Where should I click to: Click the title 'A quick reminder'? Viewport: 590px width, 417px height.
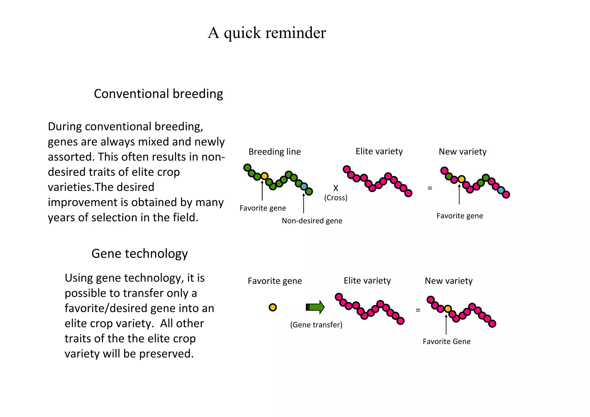pyautogui.click(x=267, y=33)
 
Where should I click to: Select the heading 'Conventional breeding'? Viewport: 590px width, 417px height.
pyautogui.click(x=158, y=94)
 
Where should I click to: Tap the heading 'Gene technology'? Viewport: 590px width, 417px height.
pyautogui.click(x=139, y=254)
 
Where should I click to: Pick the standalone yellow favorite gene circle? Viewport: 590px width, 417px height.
pyautogui.click(x=273, y=307)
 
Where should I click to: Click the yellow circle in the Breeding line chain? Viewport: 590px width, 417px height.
pyautogui.click(x=264, y=176)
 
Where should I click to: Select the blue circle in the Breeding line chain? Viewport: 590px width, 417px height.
pyautogui.click(x=304, y=186)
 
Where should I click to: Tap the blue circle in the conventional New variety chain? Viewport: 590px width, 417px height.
pyautogui.click(x=501, y=190)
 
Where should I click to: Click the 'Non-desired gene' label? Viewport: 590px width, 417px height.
pyautogui.click(x=312, y=221)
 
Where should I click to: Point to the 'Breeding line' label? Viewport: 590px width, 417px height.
pyautogui.click(x=275, y=152)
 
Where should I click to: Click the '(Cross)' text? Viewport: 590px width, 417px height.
pyautogui.click(x=336, y=198)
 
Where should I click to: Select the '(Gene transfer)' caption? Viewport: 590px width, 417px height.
pyautogui.click(x=316, y=325)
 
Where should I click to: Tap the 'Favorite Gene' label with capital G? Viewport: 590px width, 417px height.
pyautogui.click(x=447, y=341)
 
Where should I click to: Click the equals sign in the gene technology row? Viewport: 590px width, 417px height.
pyautogui.click(x=418, y=310)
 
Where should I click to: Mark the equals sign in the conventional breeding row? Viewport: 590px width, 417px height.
pyautogui.click(x=430, y=188)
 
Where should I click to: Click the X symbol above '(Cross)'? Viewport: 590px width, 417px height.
pyautogui.click(x=336, y=188)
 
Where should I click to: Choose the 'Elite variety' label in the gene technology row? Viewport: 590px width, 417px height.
pyautogui.click(x=367, y=281)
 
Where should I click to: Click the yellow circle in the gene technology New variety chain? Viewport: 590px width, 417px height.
pyautogui.click(x=448, y=309)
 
